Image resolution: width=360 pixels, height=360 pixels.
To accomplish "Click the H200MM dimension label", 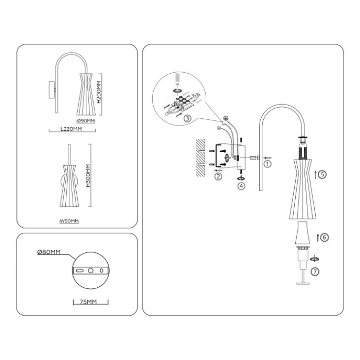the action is click(99, 92).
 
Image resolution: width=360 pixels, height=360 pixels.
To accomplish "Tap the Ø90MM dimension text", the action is click(85, 120).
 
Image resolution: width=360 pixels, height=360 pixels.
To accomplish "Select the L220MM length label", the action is click(71, 129).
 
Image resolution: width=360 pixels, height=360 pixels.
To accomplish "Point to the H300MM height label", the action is click(88, 175).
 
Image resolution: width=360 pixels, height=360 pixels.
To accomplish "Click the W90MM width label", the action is click(69, 221).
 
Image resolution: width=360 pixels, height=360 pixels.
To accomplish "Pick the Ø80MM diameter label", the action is click(49, 252).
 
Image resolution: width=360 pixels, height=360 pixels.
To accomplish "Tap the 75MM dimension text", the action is click(88, 302).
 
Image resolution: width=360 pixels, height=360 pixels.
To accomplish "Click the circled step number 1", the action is click(268, 164).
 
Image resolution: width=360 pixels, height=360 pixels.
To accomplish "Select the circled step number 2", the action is click(218, 176).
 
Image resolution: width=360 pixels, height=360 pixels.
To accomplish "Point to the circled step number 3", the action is click(188, 118).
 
